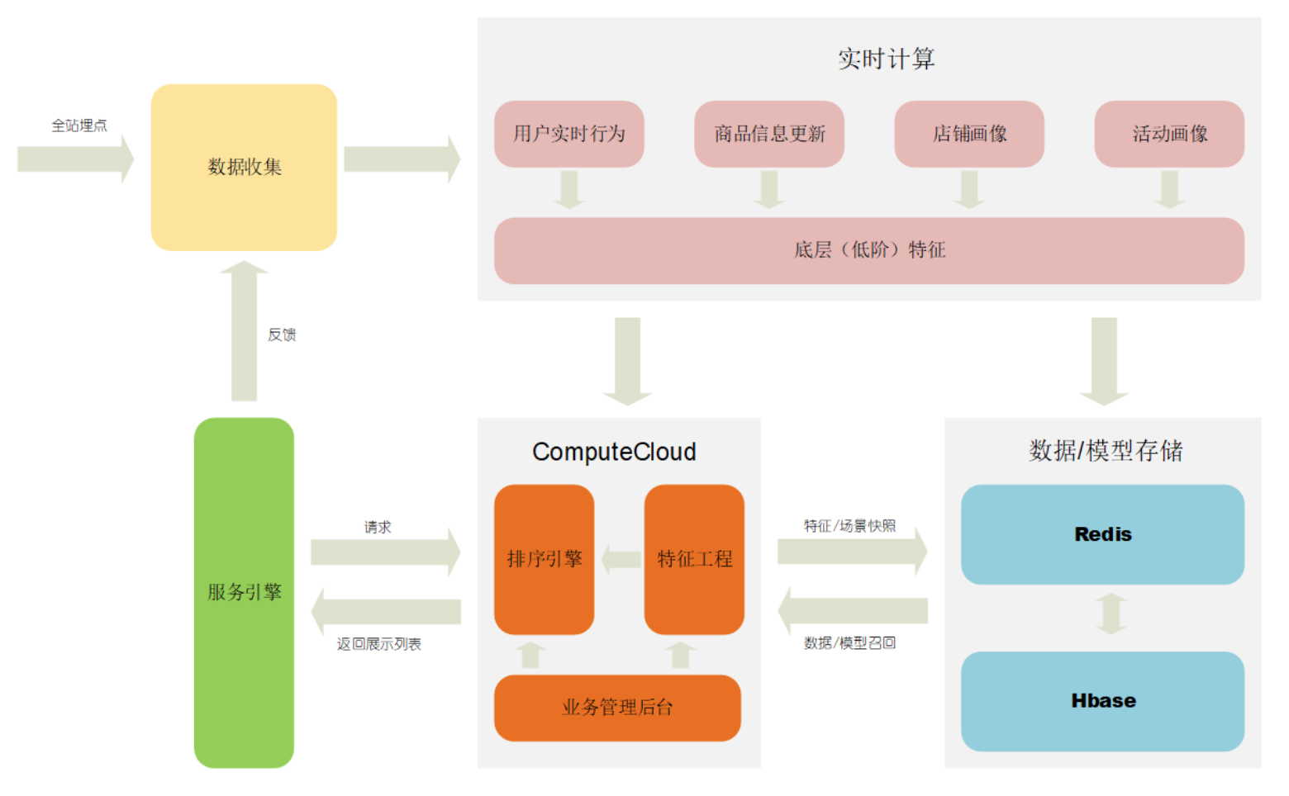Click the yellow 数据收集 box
point(244,167)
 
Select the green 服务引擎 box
point(244,592)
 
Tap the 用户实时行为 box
point(568,134)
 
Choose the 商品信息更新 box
point(768,134)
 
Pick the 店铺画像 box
point(968,134)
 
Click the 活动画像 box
point(1168,134)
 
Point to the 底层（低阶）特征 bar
point(868,250)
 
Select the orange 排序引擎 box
point(544,559)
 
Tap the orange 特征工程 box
point(694,559)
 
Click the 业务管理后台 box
point(617,708)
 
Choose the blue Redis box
point(1102,534)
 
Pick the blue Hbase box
point(1102,701)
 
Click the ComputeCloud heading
point(614,452)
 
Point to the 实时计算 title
point(886,59)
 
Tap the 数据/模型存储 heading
point(1106,451)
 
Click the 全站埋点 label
point(79,126)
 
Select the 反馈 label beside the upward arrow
point(282,334)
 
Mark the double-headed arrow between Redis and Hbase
point(1111,614)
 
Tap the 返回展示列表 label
point(378,644)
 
